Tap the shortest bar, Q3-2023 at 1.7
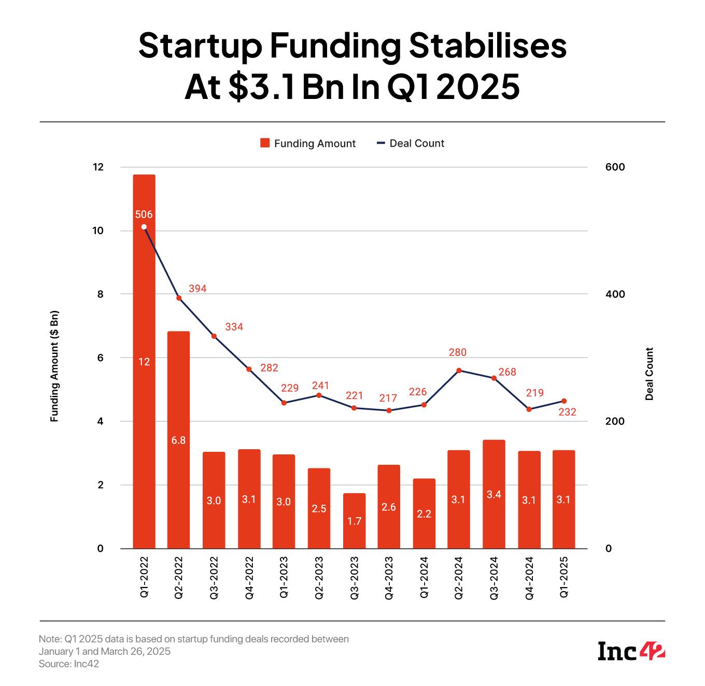click(354, 521)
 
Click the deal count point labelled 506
click(144, 227)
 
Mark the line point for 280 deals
click(459, 370)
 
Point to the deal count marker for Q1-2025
click(564, 401)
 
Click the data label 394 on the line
click(198, 289)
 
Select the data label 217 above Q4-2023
click(388, 398)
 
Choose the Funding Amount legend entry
click(308, 144)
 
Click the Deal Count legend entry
click(411, 144)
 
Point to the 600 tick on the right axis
click(615, 167)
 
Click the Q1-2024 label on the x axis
click(424, 578)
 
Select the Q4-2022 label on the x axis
click(249, 578)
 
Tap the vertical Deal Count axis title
click(650, 374)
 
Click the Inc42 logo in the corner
click(631, 651)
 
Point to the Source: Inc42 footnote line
click(69, 664)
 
